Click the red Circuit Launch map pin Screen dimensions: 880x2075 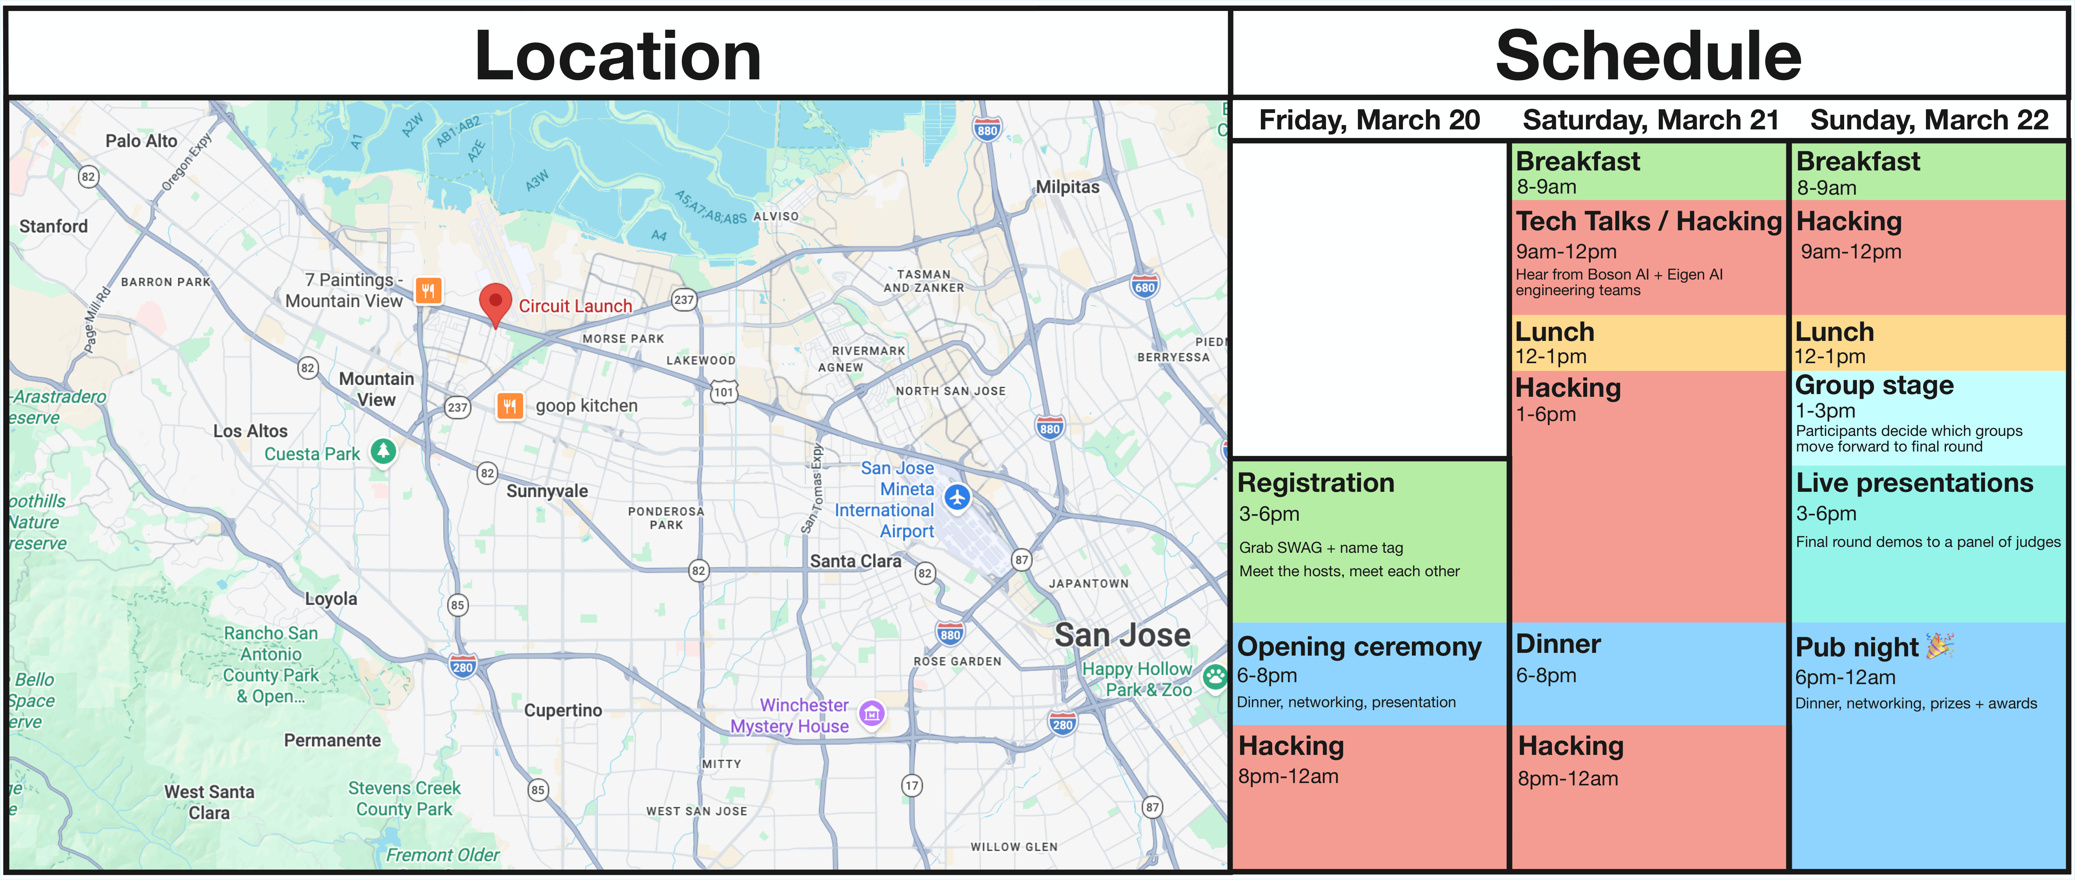pyautogui.click(x=495, y=303)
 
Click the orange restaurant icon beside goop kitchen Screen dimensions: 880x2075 pyautogui.click(x=509, y=406)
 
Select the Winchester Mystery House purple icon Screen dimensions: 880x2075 pyautogui.click(x=872, y=713)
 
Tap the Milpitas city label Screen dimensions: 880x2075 pyautogui.click(x=1067, y=187)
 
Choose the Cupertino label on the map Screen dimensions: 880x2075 pyautogui.click(x=563, y=710)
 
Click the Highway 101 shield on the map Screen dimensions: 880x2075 pyautogui.click(x=723, y=392)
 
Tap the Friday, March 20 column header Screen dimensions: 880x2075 pyautogui.click(x=1369, y=120)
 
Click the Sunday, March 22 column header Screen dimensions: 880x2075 pyautogui.click(x=1929, y=120)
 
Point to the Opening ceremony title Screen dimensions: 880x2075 pyautogui.click(x=1359, y=647)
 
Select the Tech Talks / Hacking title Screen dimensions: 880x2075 pyautogui.click(x=1648, y=221)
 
